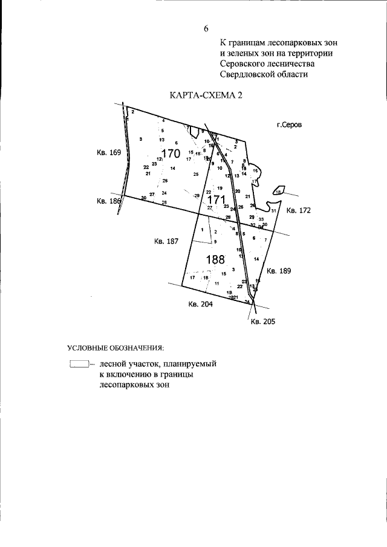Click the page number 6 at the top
click(x=206, y=28)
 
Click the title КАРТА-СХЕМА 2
click(x=206, y=95)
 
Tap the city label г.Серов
click(x=288, y=125)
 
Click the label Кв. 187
click(x=166, y=241)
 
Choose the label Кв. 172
click(x=298, y=211)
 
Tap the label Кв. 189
click(x=279, y=271)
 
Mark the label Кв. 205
click(x=263, y=322)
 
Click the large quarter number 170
click(x=171, y=153)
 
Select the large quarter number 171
click(x=216, y=199)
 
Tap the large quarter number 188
click(x=215, y=260)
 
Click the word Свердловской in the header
click(x=247, y=74)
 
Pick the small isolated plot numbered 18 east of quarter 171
click(x=278, y=190)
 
